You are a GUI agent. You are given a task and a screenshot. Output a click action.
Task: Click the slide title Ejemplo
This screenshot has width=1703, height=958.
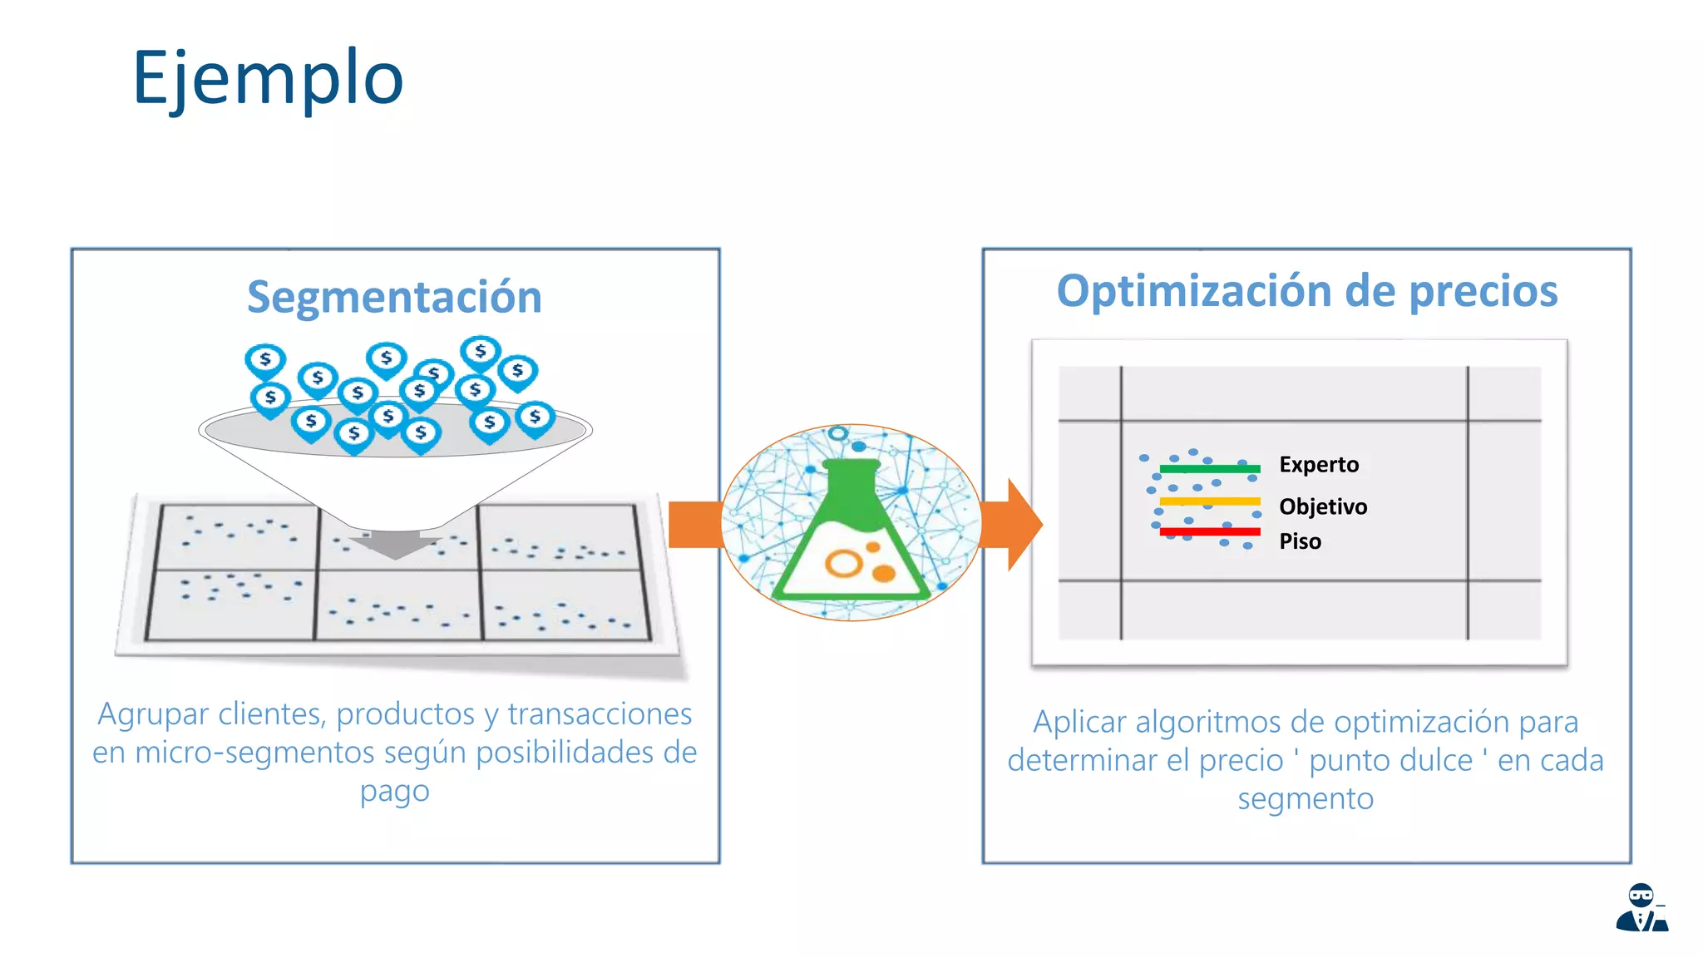coord(268,78)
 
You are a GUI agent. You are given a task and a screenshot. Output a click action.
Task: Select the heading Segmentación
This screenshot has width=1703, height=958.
coord(394,297)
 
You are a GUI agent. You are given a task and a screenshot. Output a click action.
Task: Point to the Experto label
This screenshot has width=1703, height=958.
coord(1319,464)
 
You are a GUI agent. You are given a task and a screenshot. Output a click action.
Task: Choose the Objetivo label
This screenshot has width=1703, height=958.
coord(1323,506)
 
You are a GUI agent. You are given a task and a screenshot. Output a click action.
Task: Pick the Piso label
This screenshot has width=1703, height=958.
coord(1300,541)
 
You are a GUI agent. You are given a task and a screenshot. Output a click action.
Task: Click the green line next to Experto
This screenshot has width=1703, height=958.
coord(1210,469)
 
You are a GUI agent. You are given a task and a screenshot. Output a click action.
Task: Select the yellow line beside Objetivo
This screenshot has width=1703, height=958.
coord(1210,501)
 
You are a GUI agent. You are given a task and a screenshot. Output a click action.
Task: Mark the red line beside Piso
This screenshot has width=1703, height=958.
coord(1210,531)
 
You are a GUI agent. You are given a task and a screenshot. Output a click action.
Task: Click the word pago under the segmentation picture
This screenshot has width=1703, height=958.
coord(394,792)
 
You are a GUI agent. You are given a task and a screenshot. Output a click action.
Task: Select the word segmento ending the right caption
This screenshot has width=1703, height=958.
coord(1306,798)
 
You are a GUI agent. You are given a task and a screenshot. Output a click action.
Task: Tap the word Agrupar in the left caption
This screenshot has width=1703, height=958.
coord(152,714)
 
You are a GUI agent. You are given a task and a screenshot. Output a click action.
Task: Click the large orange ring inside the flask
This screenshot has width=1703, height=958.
coord(843,564)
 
